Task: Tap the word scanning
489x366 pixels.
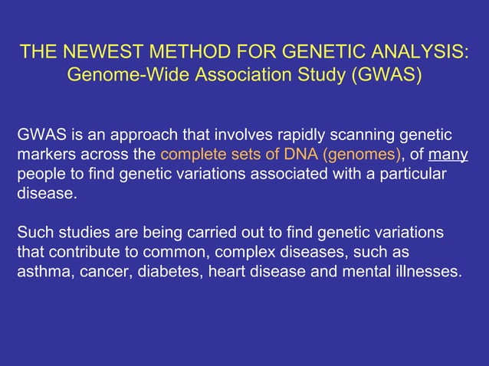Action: tap(365, 136)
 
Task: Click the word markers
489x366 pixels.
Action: tap(44, 155)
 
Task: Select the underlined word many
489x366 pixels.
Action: tap(448, 155)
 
